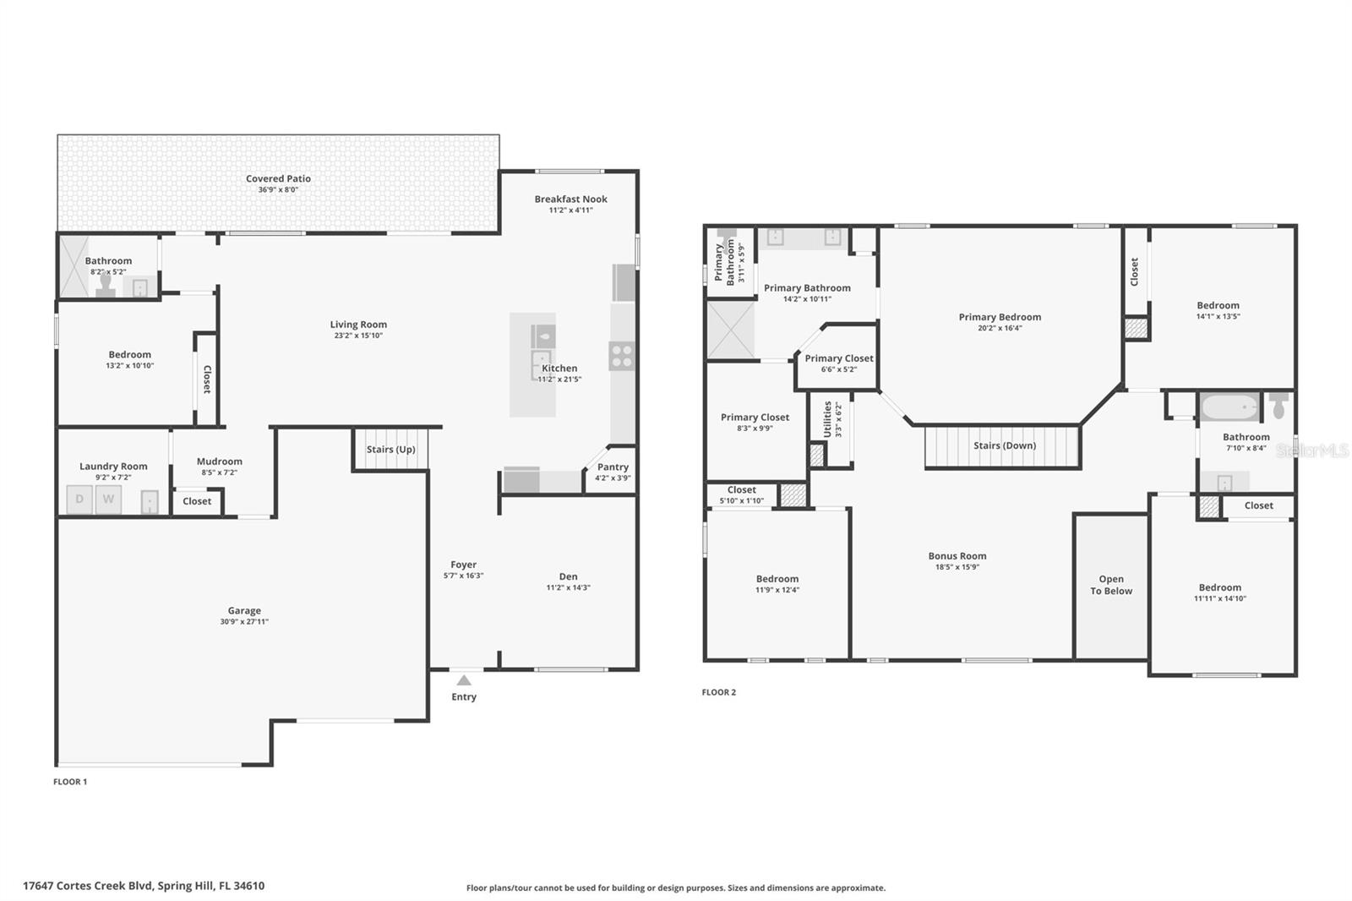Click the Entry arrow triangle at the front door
[464, 680]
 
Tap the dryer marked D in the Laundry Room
[79, 500]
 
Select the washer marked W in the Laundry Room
[108, 500]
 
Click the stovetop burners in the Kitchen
[622, 356]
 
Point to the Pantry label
[613, 467]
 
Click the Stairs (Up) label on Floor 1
[390, 450]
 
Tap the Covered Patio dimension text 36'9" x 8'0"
[278, 190]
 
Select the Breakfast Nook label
[570, 199]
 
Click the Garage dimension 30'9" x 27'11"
[244, 622]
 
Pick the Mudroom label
[220, 461]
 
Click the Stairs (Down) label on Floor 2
[1004, 445]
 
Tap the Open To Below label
[1111, 585]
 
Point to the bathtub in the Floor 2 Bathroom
[1229, 408]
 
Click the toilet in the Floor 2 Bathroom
[1278, 406]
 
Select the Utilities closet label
[827, 419]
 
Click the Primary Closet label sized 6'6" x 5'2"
[839, 358]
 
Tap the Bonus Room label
[957, 556]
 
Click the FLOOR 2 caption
[718, 692]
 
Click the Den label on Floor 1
[568, 576]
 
